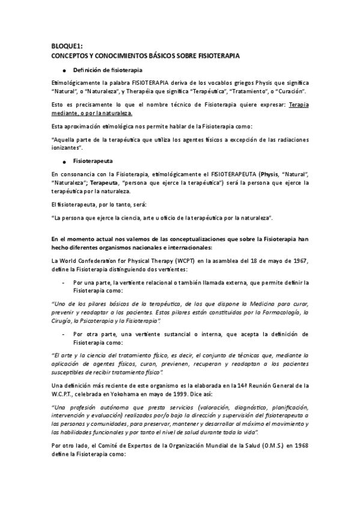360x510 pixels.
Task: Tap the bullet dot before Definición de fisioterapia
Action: [x=64, y=70]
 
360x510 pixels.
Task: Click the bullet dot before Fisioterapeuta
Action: [x=64, y=162]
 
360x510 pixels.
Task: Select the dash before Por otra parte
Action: [x=64, y=333]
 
